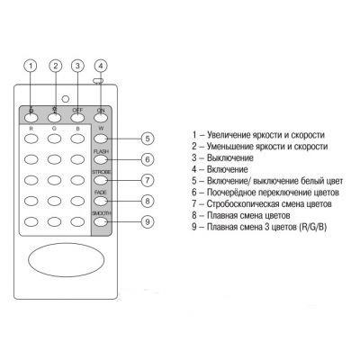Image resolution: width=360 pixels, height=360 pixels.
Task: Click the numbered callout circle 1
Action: [31, 66]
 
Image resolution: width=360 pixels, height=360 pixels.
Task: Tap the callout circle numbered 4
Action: [101, 66]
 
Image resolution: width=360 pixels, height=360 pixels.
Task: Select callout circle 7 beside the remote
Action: [148, 180]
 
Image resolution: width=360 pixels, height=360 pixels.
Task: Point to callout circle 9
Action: [148, 221]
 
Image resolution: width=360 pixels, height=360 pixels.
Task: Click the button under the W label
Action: [101, 139]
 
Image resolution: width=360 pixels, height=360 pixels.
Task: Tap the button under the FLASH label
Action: [101, 159]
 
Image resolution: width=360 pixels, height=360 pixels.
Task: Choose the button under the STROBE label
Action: [101, 180]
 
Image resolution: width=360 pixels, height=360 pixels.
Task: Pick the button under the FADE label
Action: [101, 201]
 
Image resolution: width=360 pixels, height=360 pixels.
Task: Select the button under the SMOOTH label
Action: [101, 221]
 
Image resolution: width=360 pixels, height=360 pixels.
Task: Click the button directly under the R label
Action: [31, 139]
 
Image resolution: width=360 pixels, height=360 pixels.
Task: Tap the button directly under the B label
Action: [77, 139]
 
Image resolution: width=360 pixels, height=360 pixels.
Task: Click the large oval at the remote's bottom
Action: [67, 260]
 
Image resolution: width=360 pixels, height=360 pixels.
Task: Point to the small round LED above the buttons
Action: [65, 99]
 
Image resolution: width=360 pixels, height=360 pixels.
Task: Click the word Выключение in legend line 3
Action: [230, 157]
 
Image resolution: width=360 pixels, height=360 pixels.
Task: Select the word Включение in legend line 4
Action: [228, 169]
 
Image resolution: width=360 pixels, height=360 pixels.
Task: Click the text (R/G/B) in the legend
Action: [312, 227]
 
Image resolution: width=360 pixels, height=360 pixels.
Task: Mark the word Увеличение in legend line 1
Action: [229, 135]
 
